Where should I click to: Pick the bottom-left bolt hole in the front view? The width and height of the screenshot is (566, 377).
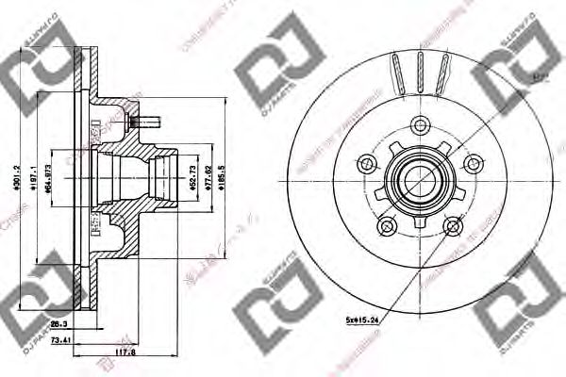(384, 225)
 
